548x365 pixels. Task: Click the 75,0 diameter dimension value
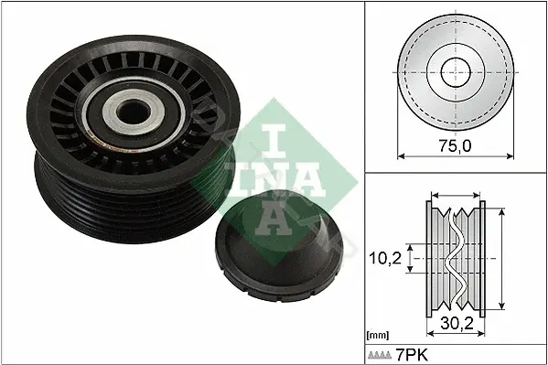[x=455, y=145]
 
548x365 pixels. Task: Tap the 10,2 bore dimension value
[x=385, y=258]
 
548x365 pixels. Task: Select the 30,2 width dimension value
[x=457, y=324]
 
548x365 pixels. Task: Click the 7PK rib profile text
[x=412, y=355]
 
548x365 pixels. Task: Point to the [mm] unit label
[x=378, y=336]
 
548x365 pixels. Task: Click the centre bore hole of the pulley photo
[x=133, y=112]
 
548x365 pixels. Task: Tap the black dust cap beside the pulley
[x=278, y=246]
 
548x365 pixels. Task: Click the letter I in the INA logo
[x=274, y=143]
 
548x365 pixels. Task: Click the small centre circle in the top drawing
[x=456, y=72]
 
